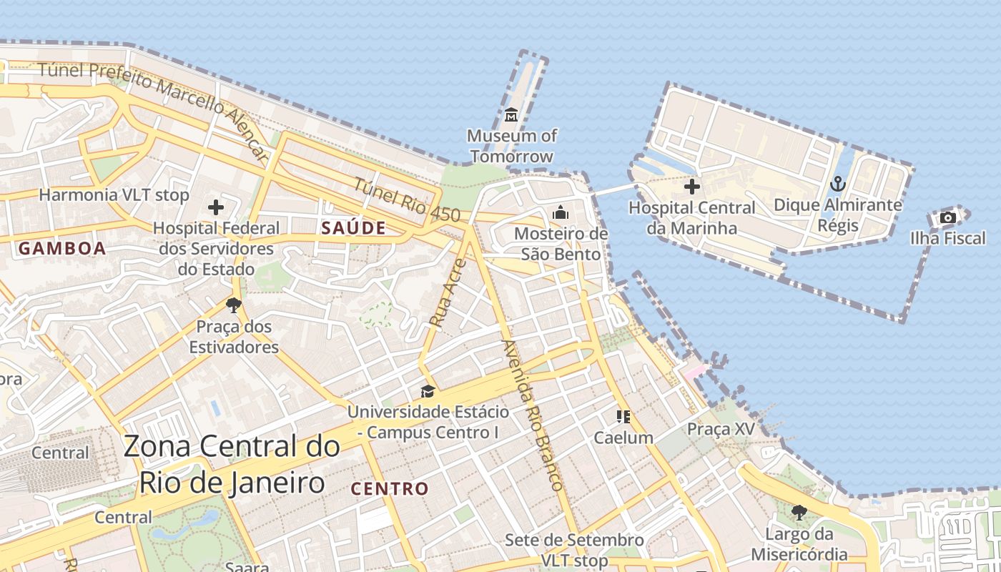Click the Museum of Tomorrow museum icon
click(x=511, y=114)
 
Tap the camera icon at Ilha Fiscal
click(x=948, y=217)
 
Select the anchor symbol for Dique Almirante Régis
click(x=837, y=184)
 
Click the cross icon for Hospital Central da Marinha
click(x=691, y=187)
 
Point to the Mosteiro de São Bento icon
click(x=561, y=212)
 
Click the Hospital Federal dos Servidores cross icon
click(x=216, y=208)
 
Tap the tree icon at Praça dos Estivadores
click(x=233, y=305)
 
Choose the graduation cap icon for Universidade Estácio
click(x=428, y=391)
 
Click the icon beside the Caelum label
click(x=623, y=416)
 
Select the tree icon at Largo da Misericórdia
click(x=799, y=512)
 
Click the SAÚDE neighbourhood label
click(x=353, y=229)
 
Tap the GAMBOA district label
click(x=62, y=249)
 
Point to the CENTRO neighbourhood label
click(x=390, y=489)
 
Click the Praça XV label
click(x=720, y=429)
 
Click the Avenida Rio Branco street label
click(x=533, y=414)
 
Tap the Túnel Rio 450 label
click(x=406, y=198)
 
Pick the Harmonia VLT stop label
click(x=114, y=194)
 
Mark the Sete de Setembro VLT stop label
click(x=574, y=549)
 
